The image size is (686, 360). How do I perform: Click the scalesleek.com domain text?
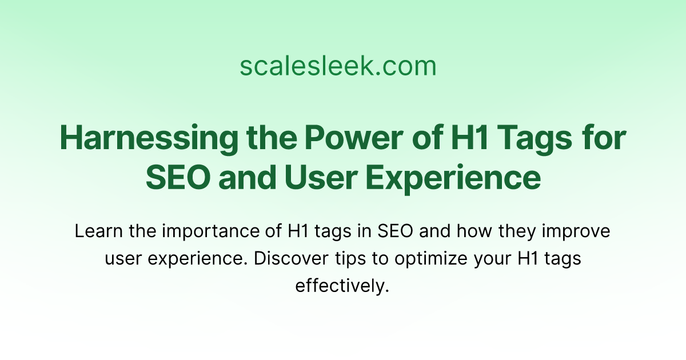click(x=338, y=66)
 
